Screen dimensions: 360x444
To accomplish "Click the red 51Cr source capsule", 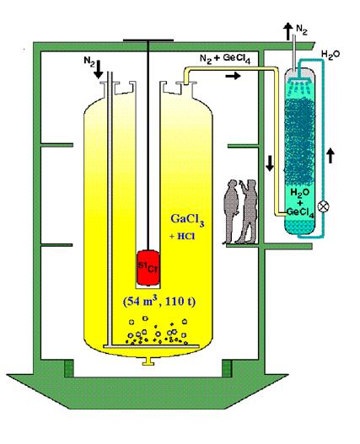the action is click(x=148, y=268).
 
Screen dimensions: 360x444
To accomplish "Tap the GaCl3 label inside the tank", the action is click(x=187, y=220).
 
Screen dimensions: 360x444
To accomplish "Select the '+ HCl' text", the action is click(x=182, y=236).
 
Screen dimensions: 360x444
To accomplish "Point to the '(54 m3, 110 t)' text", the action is click(x=159, y=301).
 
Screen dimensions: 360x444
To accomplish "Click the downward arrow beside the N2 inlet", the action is click(x=99, y=69).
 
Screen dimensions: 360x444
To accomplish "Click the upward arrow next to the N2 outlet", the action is click(x=288, y=31).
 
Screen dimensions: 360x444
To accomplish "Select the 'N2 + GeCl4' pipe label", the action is click(x=225, y=59).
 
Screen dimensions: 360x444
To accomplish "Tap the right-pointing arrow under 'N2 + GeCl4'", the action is click(x=233, y=76).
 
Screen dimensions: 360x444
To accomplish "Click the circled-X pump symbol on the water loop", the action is click(x=323, y=206).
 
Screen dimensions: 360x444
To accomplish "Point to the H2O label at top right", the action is click(x=330, y=55).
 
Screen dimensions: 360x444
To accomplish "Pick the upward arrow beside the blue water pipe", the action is click(x=330, y=156).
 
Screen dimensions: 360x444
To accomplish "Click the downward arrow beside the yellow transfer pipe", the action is click(x=270, y=163).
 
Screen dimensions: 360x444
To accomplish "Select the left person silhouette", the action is click(x=231, y=211).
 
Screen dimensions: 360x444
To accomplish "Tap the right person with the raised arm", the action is click(x=249, y=211).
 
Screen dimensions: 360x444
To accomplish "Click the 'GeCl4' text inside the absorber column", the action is click(x=300, y=212).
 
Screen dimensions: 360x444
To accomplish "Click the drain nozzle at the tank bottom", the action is click(x=148, y=361).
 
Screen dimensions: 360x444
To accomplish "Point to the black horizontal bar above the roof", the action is click(x=148, y=40).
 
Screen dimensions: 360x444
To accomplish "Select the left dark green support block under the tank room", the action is click(x=69, y=368).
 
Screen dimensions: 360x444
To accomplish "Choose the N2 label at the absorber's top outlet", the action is click(x=301, y=29).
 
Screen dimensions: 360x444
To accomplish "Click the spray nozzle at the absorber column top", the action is click(x=300, y=78).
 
